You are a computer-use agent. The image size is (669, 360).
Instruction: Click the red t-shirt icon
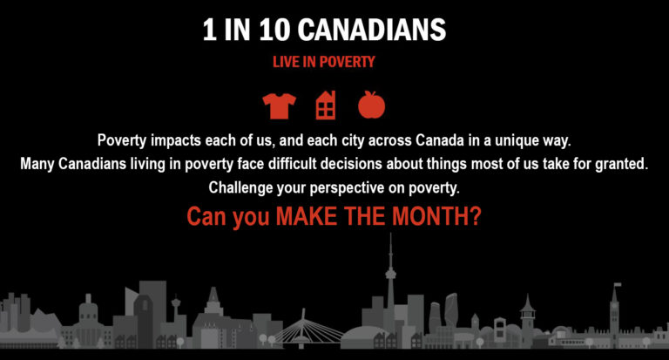tap(279, 105)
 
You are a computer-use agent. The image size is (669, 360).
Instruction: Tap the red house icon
tap(326, 105)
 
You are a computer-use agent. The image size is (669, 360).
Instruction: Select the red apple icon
tap(372, 105)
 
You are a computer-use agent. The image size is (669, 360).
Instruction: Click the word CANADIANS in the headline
tap(371, 30)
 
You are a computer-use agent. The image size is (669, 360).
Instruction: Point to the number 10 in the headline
tap(274, 30)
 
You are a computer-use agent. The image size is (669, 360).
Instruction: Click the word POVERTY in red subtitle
tap(348, 62)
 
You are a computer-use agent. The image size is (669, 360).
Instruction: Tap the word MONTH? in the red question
tap(436, 216)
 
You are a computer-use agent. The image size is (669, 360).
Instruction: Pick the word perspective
tap(347, 188)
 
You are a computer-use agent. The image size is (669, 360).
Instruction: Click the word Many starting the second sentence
tap(37, 165)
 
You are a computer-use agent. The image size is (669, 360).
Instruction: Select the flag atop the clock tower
tap(618, 285)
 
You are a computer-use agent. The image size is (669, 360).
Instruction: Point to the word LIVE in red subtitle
tap(286, 62)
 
